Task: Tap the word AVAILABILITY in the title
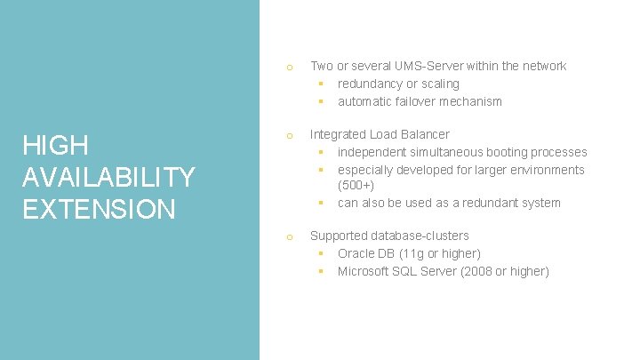108,177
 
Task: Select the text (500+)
356,186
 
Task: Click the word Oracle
356,253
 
